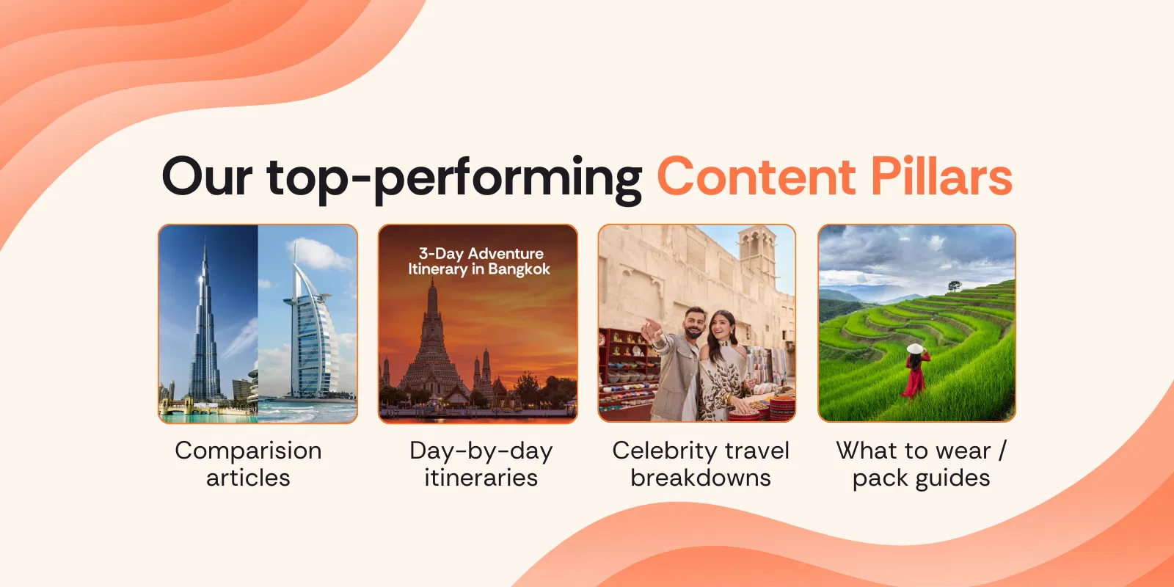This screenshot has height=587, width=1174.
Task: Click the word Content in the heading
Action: pos(756,177)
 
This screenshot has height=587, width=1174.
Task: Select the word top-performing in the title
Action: pos(454,179)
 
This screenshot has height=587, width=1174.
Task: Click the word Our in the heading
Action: pos(207,177)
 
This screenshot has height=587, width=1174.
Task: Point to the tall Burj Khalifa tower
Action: pos(205,325)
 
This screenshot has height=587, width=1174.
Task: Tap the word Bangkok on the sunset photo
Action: pos(518,269)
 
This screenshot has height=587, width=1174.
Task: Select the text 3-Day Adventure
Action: pos(481,254)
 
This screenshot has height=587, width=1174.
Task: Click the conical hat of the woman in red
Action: pos(914,349)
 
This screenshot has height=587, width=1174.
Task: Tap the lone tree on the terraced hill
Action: pos(955,285)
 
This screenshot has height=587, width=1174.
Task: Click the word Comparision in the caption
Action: pos(248,451)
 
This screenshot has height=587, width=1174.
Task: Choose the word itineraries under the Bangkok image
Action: pos(481,478)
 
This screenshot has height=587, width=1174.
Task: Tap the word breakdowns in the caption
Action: pos(700,478)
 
